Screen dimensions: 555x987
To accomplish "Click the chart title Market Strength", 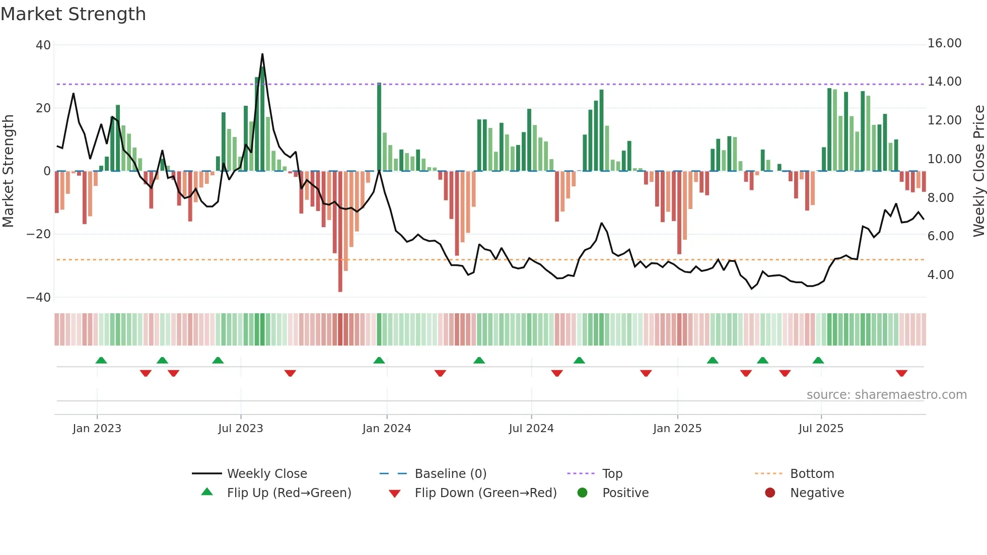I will pos(73,14).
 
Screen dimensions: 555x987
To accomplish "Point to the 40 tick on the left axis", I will pos(43,45).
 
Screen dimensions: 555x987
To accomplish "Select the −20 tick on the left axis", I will pos(39,234).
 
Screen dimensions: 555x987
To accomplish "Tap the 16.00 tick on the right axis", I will pos(944,43).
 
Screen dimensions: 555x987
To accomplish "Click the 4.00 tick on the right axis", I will pos(940,275).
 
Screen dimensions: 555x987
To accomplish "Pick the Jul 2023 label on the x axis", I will pos(240,429).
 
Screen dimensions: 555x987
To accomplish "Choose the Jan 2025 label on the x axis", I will pos(677,429).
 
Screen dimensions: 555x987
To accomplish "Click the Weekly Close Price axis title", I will pos(978,171).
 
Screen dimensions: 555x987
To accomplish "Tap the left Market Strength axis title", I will pos(8,171).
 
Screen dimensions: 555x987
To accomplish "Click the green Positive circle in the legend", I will pos(582,493).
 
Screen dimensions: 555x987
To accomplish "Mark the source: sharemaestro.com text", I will pos(886,395).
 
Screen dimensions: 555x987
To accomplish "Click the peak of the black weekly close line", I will pos(262,54).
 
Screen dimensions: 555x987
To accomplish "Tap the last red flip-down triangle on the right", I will pos(901,373).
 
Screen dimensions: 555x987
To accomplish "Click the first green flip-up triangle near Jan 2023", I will pos(101,360).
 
